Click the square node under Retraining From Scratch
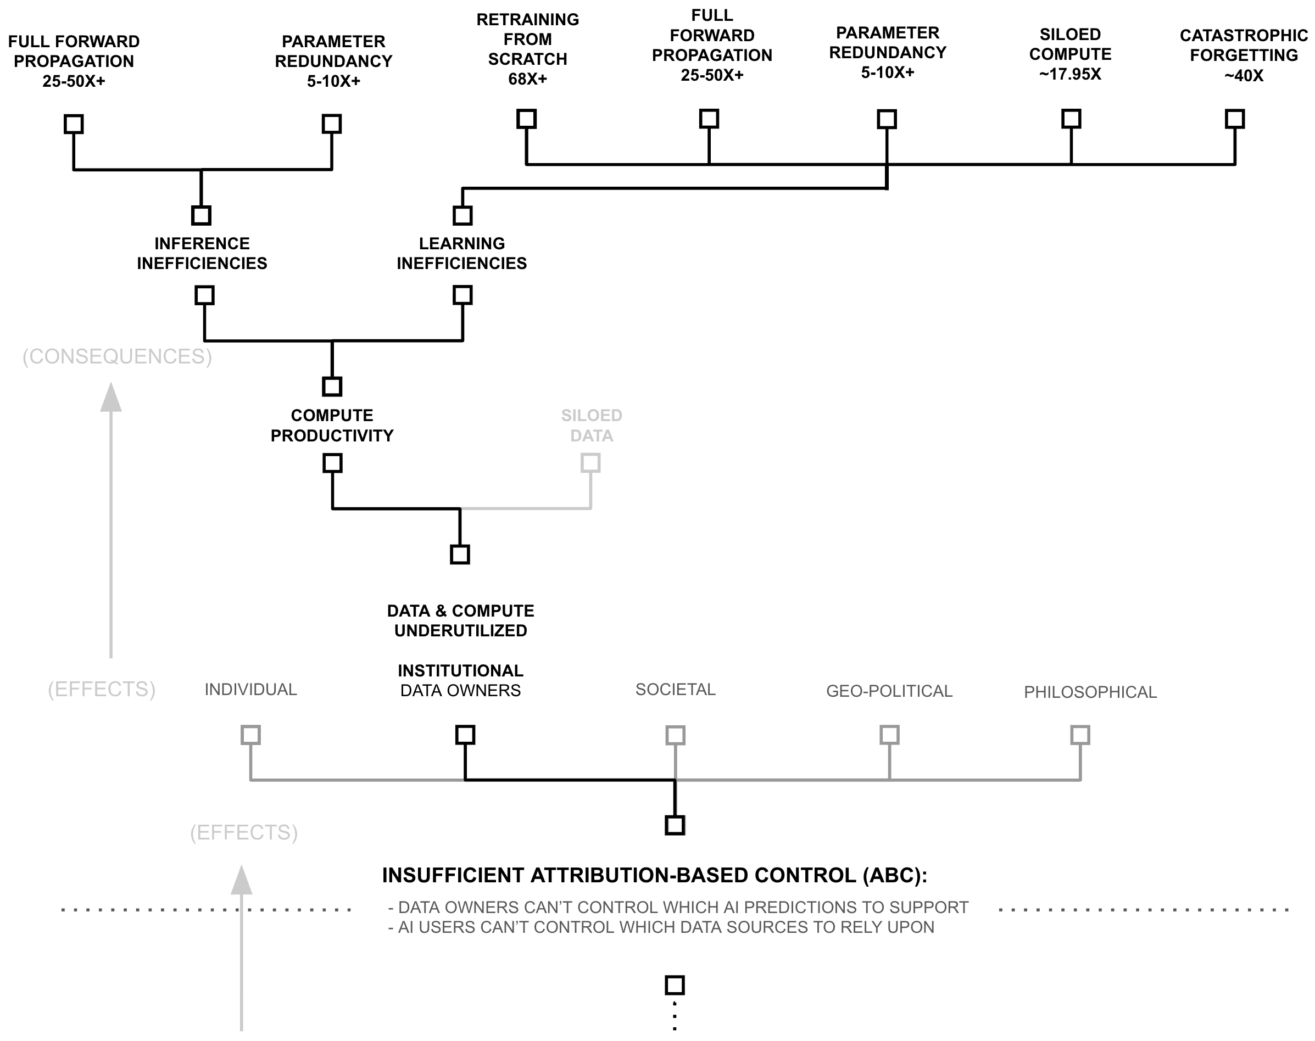point(526,119)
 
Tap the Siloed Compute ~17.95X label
point(1070,54)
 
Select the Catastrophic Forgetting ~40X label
point(1243,55)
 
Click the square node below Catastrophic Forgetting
point(1234,119)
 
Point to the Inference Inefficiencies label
point(202,254)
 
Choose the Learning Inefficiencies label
point(461,254)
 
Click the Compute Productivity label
point(332,426)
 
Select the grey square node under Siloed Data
point(590,463)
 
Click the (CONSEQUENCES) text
point(117,356)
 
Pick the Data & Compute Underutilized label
point(460,620)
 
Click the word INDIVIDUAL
point(250,689)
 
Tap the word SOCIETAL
point(675,689)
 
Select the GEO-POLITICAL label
point(889,691)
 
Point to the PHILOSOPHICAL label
point(1090,692)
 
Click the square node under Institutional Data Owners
point(465,735)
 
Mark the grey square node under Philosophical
point(1080,735)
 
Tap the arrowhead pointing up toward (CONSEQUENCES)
point(110,398)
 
